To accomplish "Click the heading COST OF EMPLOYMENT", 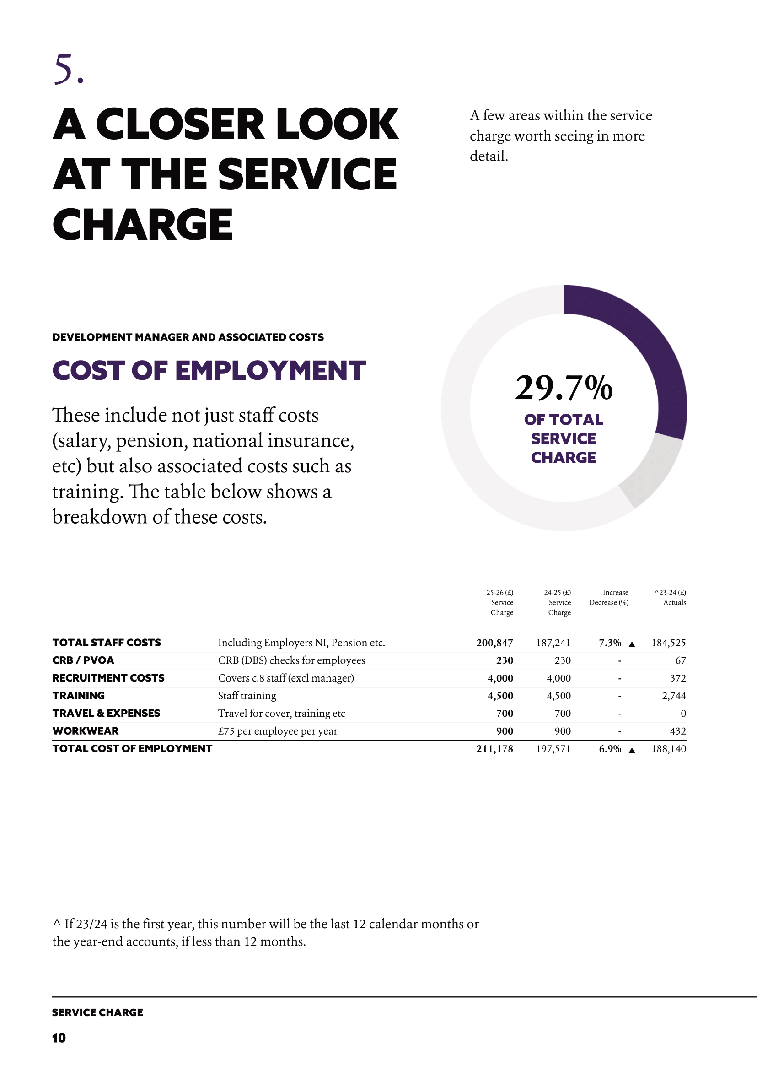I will [209, 371].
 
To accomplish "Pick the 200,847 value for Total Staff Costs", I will [494, 643].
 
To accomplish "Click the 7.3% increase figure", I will [610, 643].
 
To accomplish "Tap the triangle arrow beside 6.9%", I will [632, 751].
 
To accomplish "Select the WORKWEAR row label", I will [85, 731].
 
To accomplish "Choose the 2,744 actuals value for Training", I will [674, 696].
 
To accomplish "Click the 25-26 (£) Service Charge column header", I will [501, 602].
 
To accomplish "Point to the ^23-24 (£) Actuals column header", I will [671, 598].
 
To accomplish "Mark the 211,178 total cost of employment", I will [494, 749].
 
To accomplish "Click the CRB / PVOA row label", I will [83, 660].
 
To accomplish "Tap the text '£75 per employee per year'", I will [277, 731].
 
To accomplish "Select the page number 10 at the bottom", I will [59, 1038].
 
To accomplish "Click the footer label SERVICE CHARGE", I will [97, 1012].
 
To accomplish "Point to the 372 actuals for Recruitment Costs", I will [678, 678].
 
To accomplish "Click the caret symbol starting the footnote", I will [56, 923].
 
